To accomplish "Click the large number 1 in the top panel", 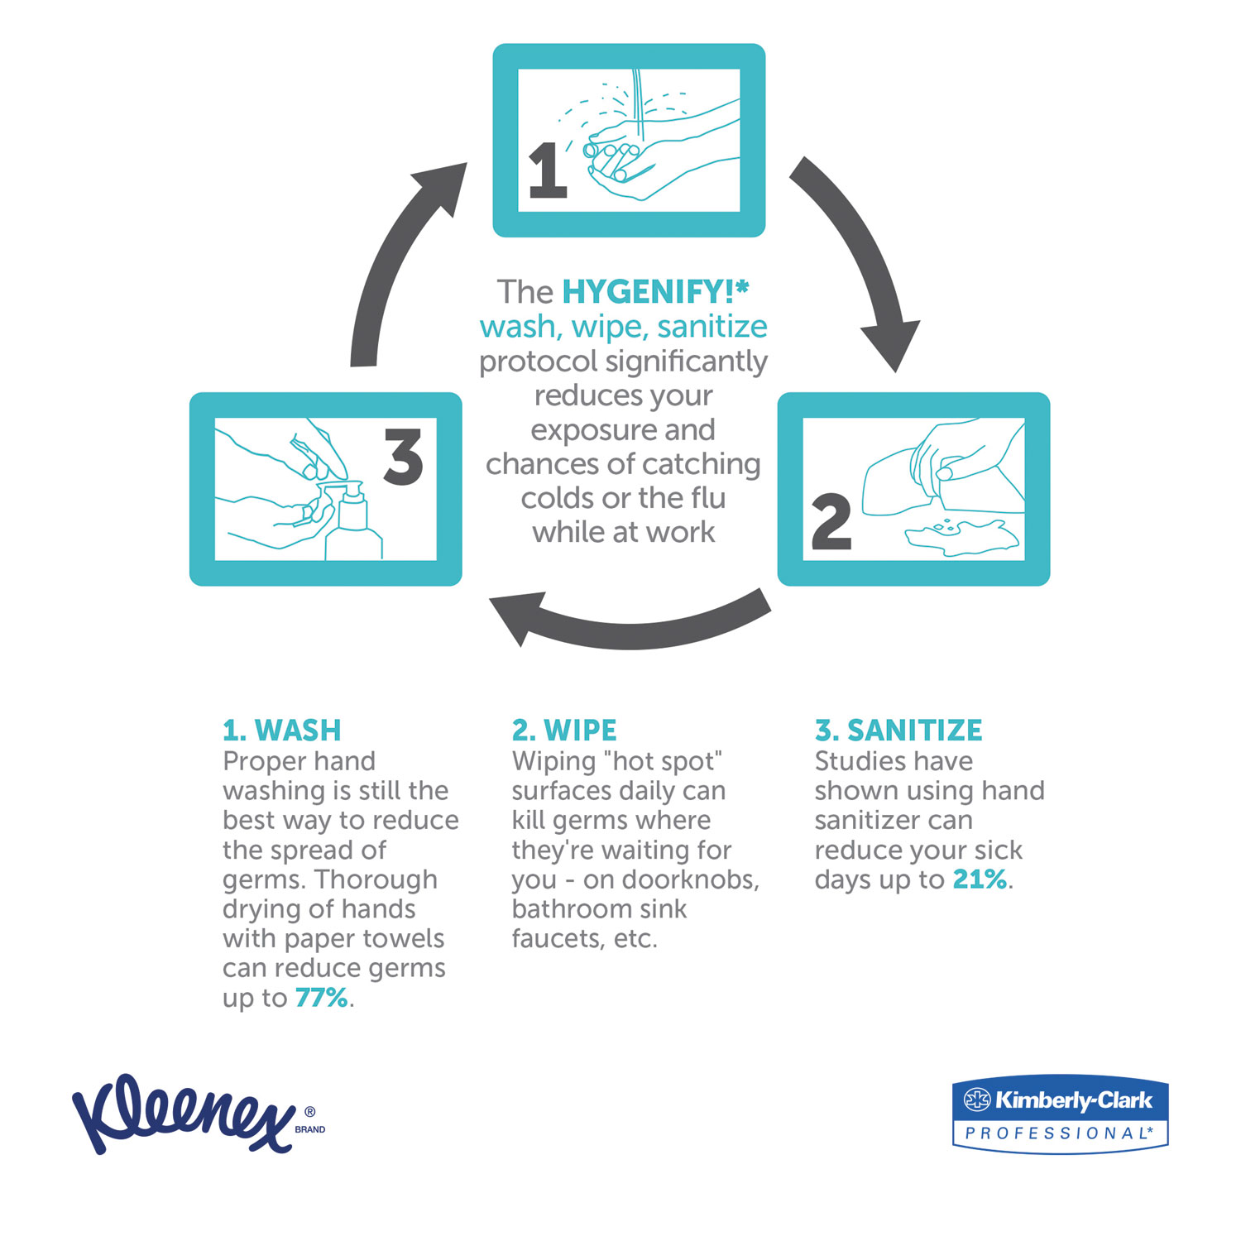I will pos(548,170).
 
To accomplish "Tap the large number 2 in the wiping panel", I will pos(831,522).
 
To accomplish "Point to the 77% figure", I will pos(321,998).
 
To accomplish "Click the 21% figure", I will pos(980,879).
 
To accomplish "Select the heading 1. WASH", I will pos(281,731).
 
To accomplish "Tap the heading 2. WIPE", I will pos(564,731).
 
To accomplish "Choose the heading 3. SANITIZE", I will pos(898,731).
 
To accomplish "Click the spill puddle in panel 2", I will pos(960,538).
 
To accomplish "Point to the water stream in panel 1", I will pos(638,103).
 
